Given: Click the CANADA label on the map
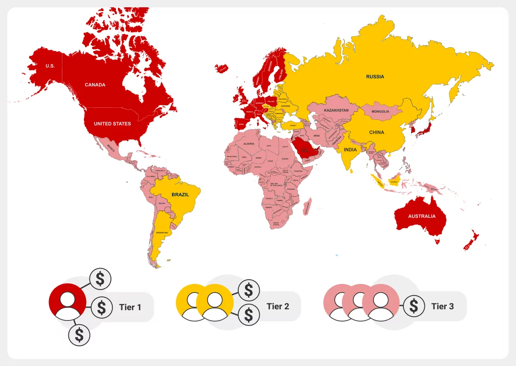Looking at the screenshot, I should coord(95,85).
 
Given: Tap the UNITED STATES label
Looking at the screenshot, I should coord(112,124).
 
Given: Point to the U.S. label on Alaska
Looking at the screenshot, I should coord(50,66).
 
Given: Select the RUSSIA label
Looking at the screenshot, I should coord(375,77).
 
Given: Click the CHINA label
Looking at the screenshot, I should coord(376,132).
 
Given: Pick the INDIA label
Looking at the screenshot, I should coord(350,149).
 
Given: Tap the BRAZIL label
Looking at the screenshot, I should coord(180,195).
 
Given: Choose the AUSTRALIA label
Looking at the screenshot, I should coord(421,216).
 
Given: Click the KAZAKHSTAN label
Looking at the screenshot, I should coord(336,110).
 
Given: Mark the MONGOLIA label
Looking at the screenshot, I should coord(380,112).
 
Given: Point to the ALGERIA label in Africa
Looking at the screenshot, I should coord(249,143).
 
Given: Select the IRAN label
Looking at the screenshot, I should coord(316,136).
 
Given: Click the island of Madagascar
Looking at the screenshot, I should coord(307,206).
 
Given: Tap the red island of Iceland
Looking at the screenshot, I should coord(223,68).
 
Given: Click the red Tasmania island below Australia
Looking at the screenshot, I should coord(437,242).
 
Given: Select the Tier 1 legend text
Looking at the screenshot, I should coord(130,307).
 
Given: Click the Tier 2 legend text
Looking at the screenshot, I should coord(277,306).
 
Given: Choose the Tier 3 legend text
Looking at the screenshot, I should coord(442,306).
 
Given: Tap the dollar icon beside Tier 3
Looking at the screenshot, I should coord(414,306).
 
